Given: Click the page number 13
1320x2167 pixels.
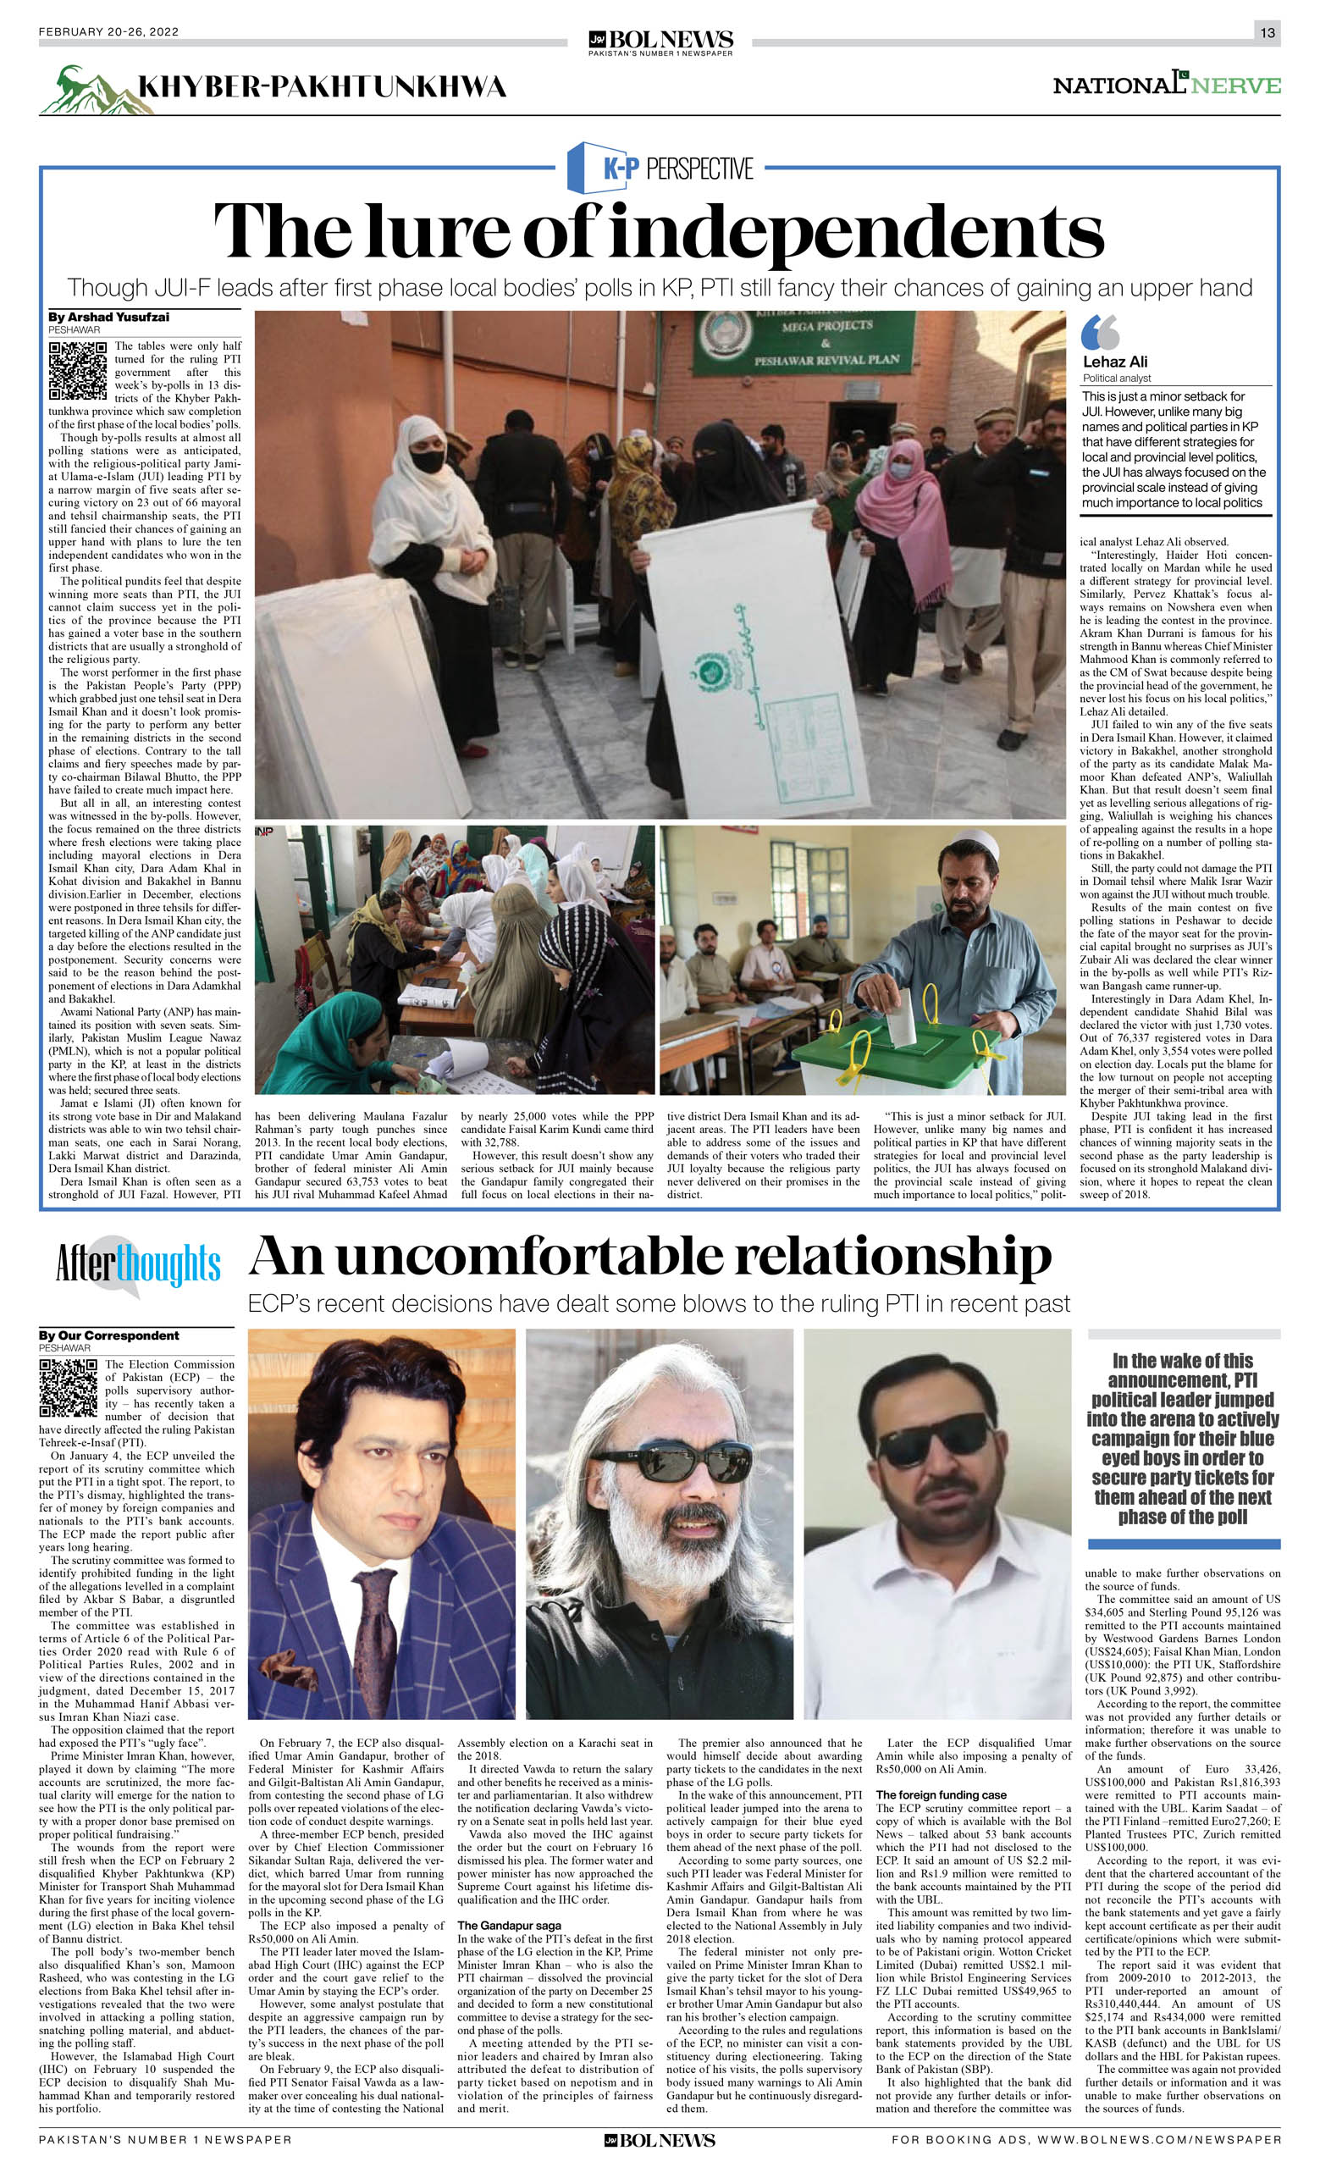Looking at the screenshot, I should [x=1267, y=32].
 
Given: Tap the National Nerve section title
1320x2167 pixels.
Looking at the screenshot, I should [x=1166, y=86].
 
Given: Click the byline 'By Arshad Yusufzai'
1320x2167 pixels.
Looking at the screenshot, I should [x=109, y=317].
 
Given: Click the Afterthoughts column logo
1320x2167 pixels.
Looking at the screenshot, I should [x=137, y=1265].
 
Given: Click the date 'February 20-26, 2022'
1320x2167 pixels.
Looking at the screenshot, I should [x=109, y=32].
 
